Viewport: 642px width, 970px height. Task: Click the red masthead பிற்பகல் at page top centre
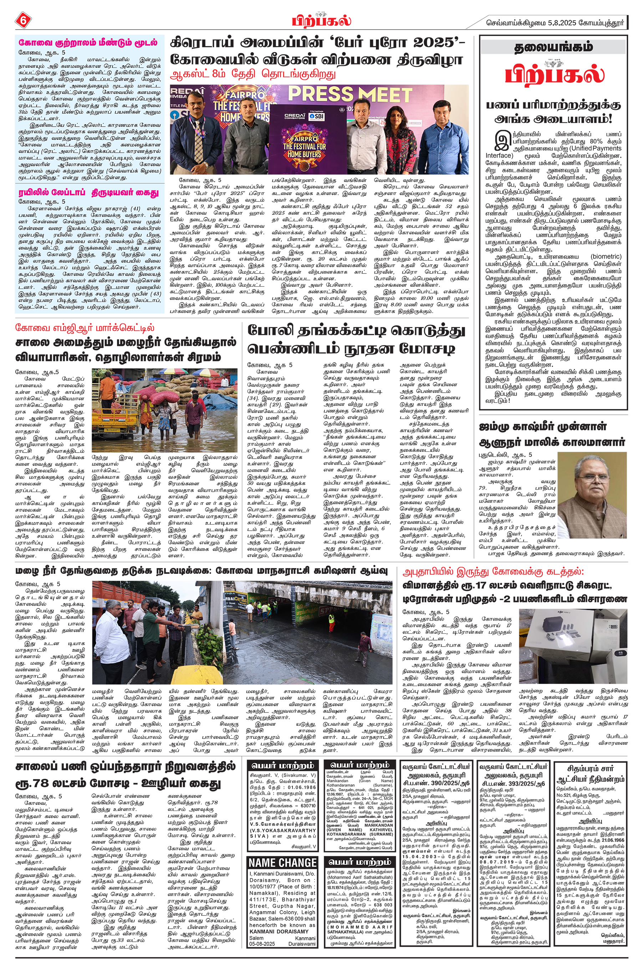[x=321, y=20]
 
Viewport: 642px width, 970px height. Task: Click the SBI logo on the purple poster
[x=316, y=116]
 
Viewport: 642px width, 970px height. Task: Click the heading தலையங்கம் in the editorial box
[x=553, y=47]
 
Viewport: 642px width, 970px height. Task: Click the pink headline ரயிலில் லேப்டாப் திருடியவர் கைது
[x=88, y=192]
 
